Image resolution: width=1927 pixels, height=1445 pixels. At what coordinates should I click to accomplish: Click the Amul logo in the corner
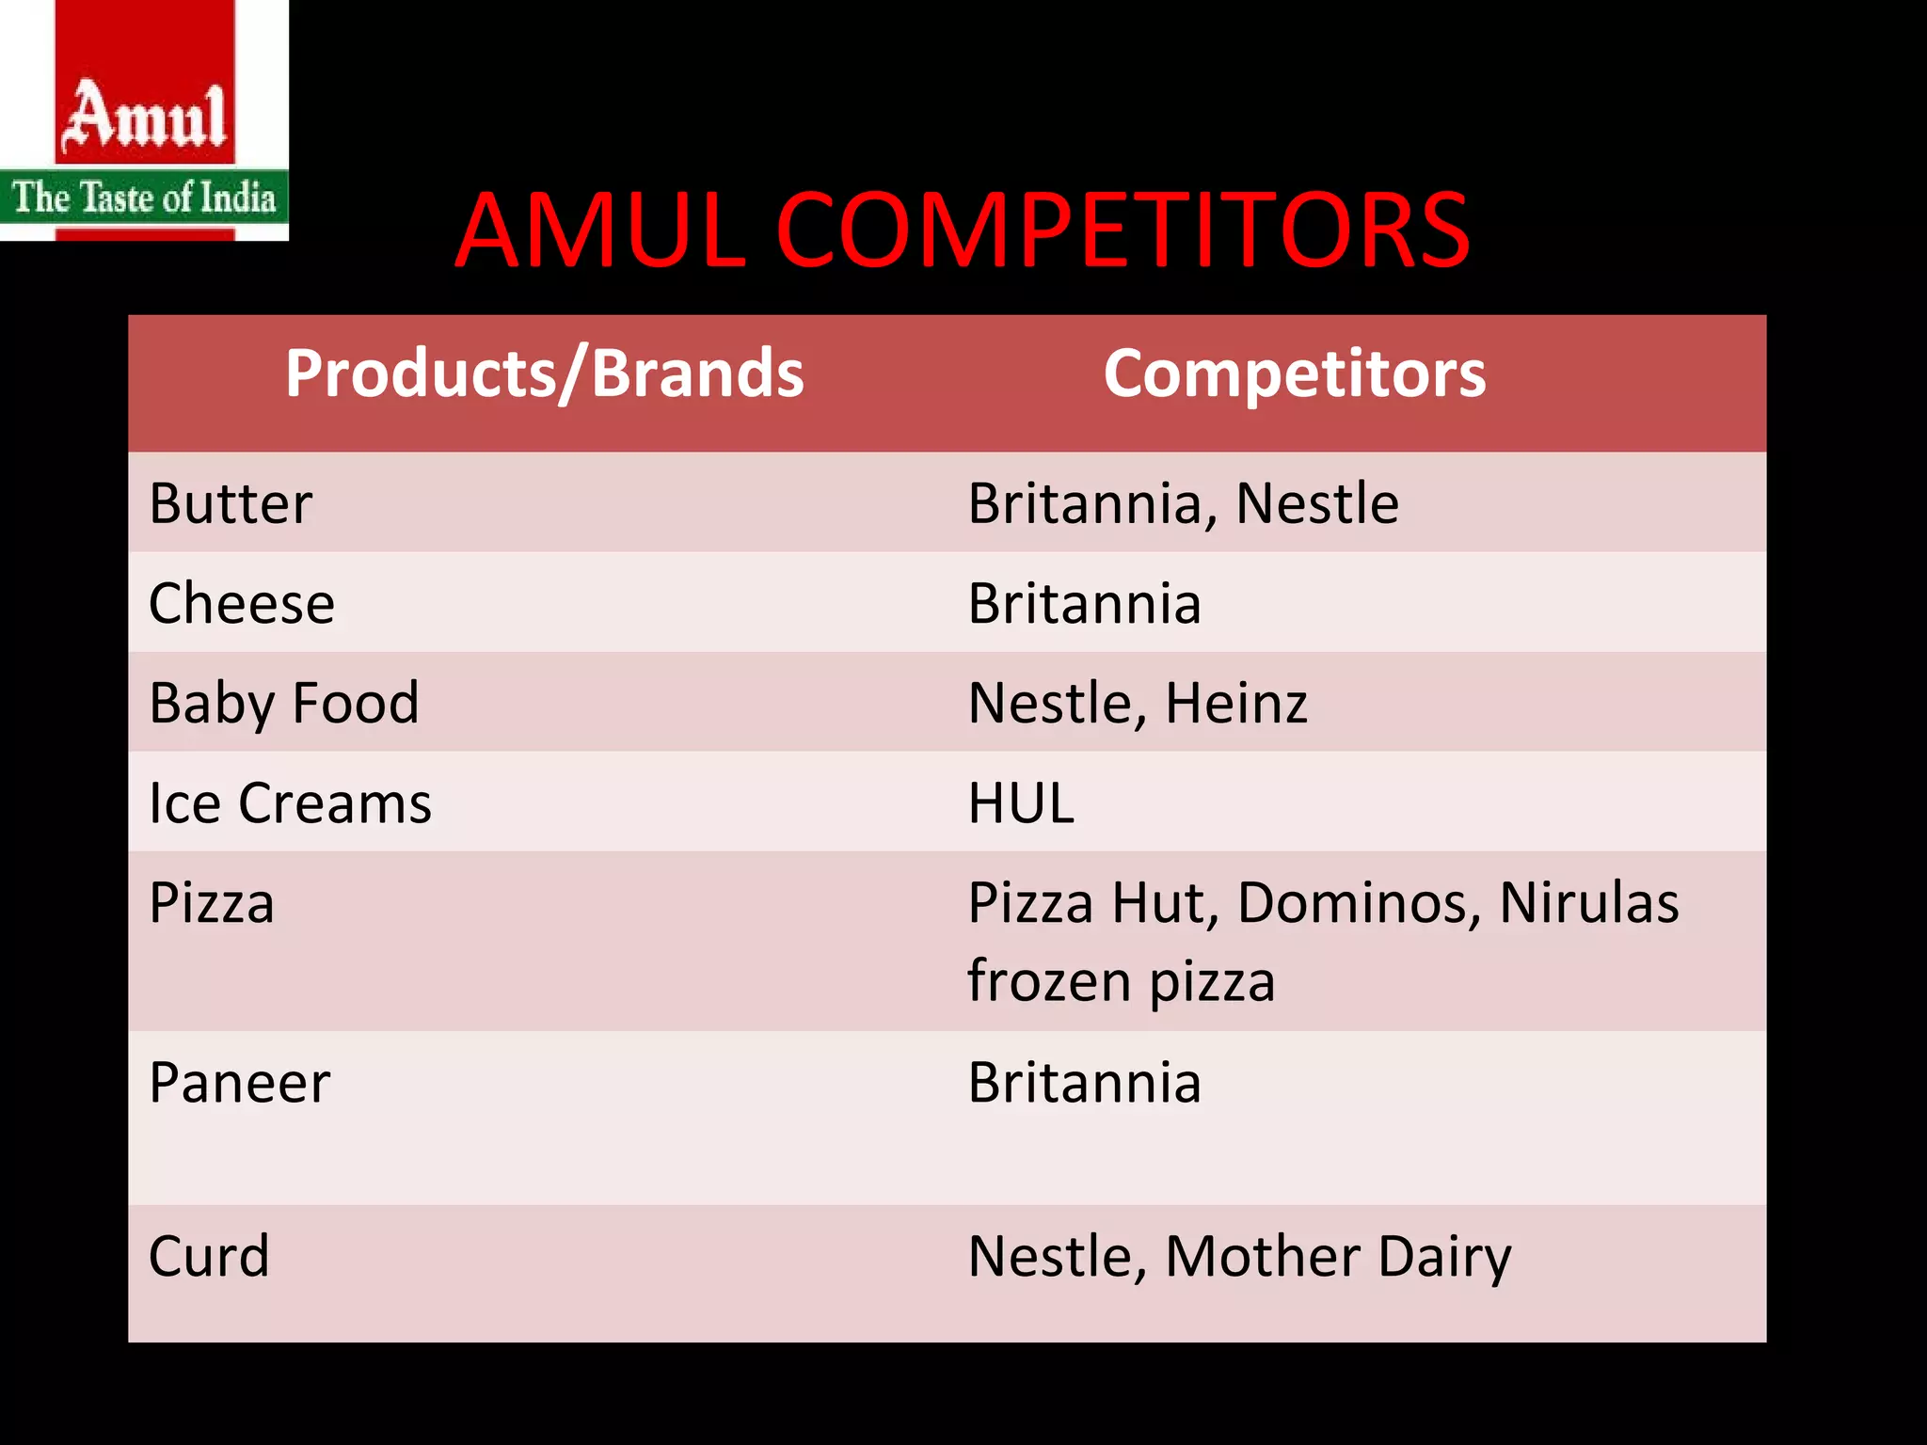(x=144, y=120)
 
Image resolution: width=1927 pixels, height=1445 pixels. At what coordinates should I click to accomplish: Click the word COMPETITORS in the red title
(x=1123, y=230)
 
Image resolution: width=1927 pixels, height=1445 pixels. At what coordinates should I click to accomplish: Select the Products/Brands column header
(x=544, y=373)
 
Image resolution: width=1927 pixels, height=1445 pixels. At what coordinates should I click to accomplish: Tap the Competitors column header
(x=1295, y=373)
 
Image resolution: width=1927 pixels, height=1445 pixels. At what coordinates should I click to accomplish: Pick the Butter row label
(x=231, y=503)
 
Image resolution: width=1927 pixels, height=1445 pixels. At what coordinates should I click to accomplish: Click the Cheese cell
(x=242, y=603)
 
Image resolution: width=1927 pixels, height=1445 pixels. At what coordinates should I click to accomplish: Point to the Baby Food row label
(x=284, y=703)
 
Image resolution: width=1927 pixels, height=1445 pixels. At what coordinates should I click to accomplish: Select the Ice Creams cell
(x=290, y=803)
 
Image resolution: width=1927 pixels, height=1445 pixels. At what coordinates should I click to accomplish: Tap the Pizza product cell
(x=212, y=903)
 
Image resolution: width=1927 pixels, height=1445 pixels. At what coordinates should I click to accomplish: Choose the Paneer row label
(x=240, y=1082)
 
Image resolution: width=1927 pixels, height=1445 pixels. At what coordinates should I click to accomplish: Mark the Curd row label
(x=209, y=1256)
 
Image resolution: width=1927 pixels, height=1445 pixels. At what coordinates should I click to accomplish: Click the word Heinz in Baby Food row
(x=1236, y=703)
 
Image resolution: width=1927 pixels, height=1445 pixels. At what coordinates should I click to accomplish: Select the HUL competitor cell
(x=1021, y=803)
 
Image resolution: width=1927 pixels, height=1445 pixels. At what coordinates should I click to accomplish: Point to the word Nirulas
(x=1588, y=903)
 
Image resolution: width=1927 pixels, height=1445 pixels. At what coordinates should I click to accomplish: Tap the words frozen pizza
(x=1121, y=981)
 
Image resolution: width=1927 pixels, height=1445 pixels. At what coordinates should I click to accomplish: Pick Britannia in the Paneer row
(x=1084, y=1082)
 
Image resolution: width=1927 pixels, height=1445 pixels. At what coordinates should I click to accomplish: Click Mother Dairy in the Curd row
(x=1338, y=1257)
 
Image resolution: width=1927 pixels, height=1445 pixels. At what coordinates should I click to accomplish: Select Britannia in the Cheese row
(x=1084, y=603)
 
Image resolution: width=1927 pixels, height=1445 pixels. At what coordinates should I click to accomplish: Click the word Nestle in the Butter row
(x=1316, y=503)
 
